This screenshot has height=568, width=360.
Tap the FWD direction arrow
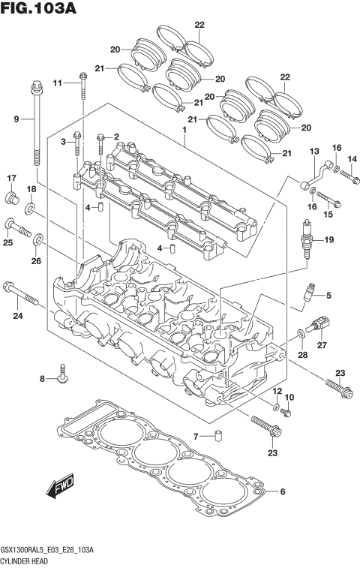coord(60,488)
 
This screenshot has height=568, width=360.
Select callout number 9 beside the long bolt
coord(16,119)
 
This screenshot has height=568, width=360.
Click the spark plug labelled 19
coord(306,239)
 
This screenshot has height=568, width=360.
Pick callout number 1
coord(183,128)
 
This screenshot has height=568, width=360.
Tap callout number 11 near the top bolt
coord(58,83)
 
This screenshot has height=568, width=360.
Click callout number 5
coord(328,296)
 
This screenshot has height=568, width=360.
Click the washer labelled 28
coord(301,332)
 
